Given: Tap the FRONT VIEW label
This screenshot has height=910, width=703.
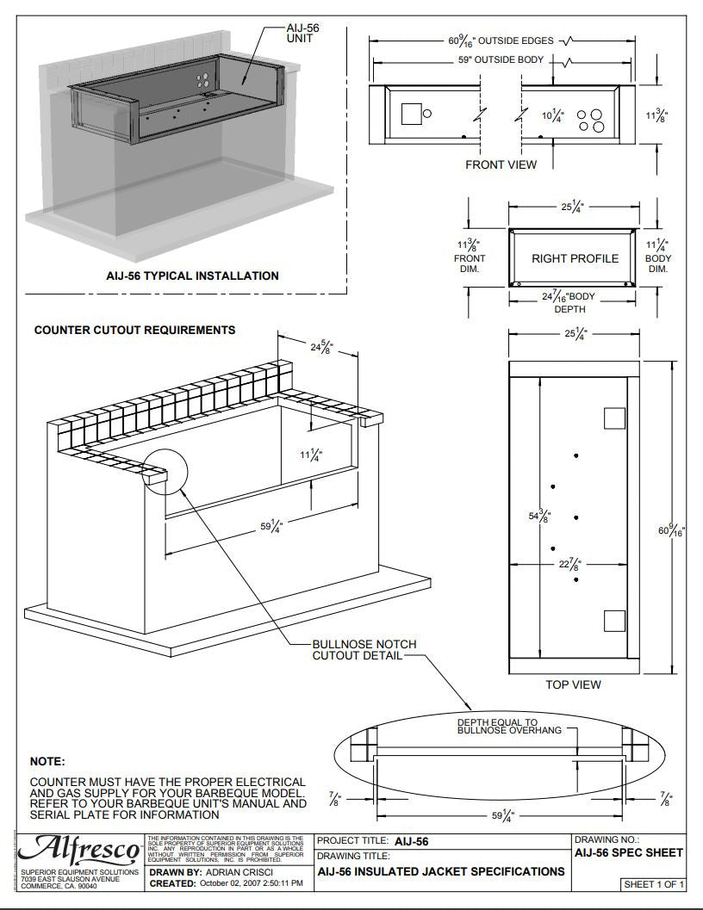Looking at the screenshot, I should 501,164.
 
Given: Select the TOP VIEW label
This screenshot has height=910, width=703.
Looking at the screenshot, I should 573,684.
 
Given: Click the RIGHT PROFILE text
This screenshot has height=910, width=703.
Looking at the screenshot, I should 575,258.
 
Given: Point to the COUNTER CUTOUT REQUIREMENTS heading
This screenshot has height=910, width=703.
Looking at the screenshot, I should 134,330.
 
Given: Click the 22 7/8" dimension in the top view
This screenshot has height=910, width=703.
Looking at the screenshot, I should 569,565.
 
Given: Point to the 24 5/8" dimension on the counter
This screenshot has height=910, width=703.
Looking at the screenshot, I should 321,348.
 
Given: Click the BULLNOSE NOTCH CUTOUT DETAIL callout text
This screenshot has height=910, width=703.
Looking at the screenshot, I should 357,650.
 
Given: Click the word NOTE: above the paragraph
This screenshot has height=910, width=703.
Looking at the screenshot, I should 47,762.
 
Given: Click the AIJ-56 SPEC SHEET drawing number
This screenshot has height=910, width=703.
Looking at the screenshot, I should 628,852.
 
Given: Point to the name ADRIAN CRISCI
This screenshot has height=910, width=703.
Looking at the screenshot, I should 247,872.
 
